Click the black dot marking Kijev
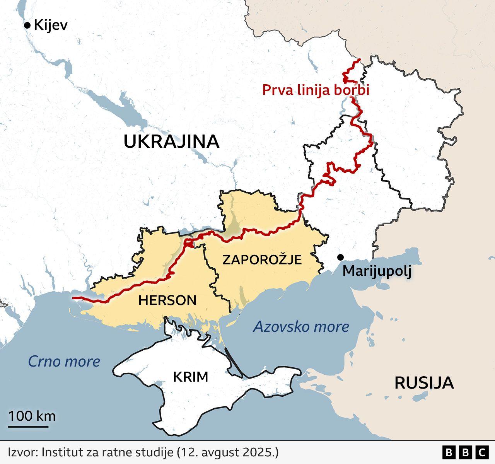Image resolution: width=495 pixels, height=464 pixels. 27,26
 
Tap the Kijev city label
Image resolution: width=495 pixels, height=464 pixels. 51,26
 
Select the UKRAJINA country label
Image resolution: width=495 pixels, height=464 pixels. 171,142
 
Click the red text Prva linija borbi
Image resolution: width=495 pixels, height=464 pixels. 316,90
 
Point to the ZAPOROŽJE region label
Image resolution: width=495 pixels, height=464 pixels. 262,259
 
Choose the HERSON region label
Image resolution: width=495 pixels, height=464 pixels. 167,300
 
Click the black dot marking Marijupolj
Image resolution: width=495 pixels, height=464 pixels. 340,257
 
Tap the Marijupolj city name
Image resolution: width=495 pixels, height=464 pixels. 377,271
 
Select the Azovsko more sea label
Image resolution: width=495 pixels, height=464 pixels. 301,327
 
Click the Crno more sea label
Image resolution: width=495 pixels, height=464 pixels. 64,362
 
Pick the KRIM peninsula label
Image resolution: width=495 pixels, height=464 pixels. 190,377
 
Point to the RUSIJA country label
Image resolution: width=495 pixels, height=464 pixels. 424,383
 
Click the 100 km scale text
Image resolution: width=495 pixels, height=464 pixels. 32,416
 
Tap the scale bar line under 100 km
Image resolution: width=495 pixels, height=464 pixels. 28,427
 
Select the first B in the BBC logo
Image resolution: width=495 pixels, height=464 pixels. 449,452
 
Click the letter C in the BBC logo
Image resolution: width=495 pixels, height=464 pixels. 482,452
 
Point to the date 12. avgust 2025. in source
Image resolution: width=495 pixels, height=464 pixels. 227,452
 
